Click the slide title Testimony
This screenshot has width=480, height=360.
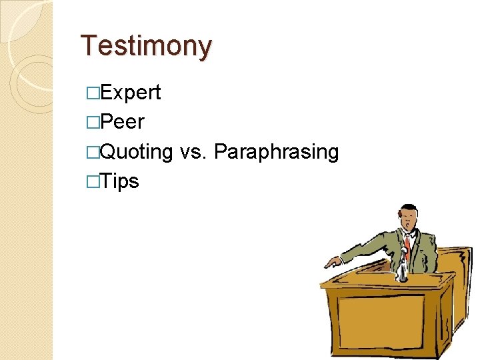tap(146, 46)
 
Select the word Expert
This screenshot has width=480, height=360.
tap(131, 93)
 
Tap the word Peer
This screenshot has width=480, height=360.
tap(122, 122)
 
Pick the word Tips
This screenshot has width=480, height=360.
tap(120, 181)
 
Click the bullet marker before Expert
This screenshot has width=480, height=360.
tap(92, 93)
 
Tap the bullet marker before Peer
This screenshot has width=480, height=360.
tap(92, 123)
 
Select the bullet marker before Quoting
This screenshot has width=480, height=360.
tap(92, 152)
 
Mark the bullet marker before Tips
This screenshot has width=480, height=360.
tap(92, 181)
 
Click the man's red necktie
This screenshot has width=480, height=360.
tap(407, 244)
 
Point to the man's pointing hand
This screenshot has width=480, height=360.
tap(331, 262)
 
